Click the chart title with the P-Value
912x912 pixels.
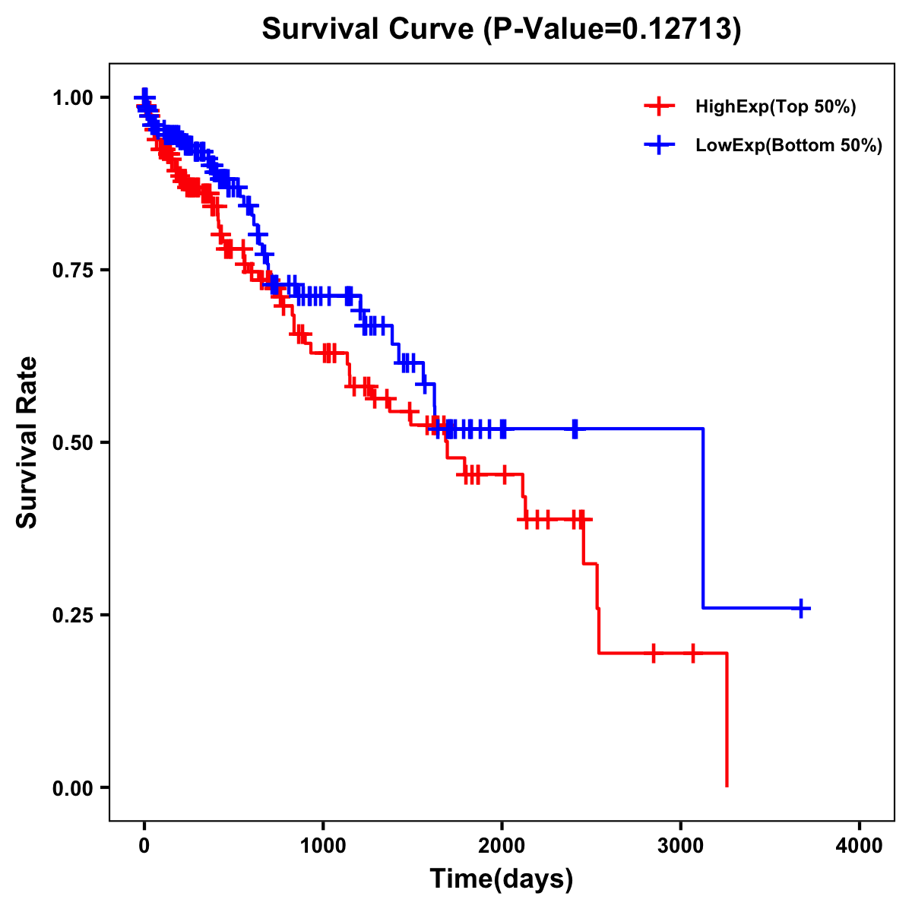coord(501,29)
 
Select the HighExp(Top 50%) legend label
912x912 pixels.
coord(775,107)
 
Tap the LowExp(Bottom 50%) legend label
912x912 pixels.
coord(789,145)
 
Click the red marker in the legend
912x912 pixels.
coord(659,106)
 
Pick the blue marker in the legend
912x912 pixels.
coord(659,144)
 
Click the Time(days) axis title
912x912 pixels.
coord(502,879)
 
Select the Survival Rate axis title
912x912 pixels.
coord(27,442)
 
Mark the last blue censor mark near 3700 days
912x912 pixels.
coord(801,608)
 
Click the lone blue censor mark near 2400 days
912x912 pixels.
coord(575,429)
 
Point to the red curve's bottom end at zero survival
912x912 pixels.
coord(727,786)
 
